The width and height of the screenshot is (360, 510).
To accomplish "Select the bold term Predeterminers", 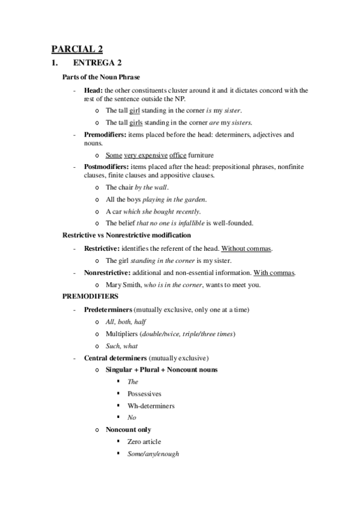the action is [108, 309].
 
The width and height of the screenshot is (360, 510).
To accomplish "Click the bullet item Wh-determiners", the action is [151, 406].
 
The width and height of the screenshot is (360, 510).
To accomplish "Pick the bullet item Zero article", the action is [144, 442].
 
